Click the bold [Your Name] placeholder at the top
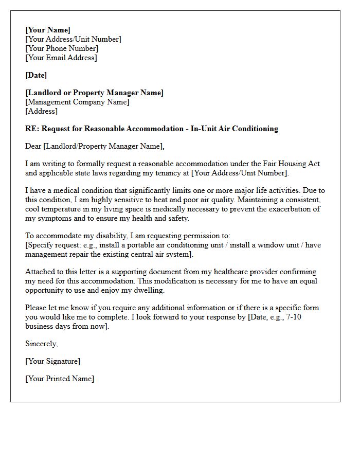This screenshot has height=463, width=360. [x=48, y=30]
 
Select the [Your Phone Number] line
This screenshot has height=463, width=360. [x=62, y=48]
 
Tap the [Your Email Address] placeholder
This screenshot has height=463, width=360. [x=61, y=58]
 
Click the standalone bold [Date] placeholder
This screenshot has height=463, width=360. [x=36, y=75]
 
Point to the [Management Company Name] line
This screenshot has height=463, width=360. [x=77, y=102]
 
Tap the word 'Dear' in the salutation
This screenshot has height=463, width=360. [x=34, y=146]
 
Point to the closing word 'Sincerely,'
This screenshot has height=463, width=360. [x=42, y=344]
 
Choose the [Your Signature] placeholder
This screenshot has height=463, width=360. [x=52, y=361]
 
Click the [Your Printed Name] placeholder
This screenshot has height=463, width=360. [x=60, y=379]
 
